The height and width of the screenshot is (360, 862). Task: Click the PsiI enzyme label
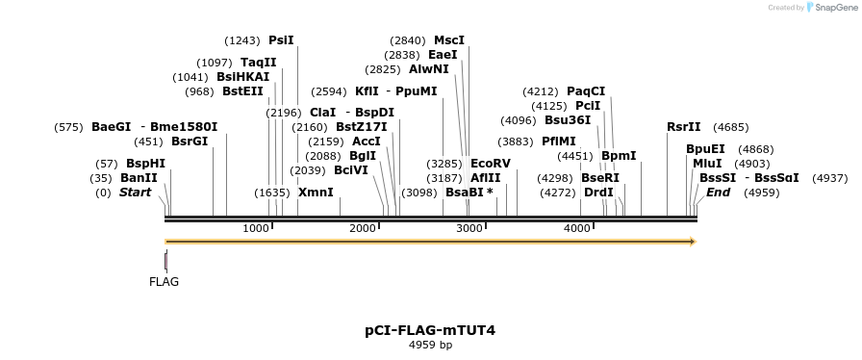point(281,40)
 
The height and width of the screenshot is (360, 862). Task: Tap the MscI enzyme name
point(449,40)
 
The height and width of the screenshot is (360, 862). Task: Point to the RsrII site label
point(684,127)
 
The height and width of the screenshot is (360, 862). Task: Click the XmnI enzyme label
point(316,193)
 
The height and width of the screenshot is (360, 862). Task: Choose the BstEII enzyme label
point(242,92)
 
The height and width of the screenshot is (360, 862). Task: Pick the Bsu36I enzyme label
point(568,120)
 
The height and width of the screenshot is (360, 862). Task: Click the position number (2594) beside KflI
point(329,91)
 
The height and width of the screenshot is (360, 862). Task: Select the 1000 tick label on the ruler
point(256,228)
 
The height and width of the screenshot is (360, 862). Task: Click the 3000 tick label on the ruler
point(469,228)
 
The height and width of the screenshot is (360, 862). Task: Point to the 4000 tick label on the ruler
point(576,228)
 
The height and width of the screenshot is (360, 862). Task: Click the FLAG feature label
point(164,282)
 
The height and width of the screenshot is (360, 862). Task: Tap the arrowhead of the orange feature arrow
point(690,242)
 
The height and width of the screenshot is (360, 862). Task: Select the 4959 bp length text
point(430,345)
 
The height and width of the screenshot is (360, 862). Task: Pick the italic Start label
point(136,193)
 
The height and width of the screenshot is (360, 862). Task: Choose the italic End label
point(718,193)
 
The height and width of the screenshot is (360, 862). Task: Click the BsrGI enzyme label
point(190,141)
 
